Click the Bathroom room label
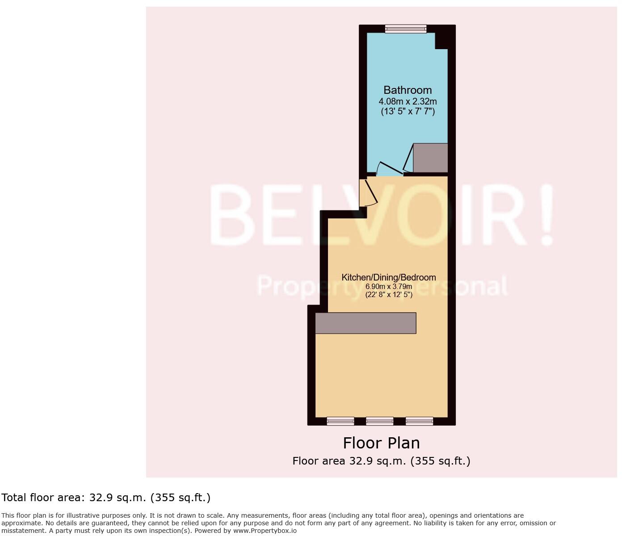pyautogui.click(x=408, y=90)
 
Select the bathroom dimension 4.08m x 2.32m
pyautogui.click(x=408, y=101)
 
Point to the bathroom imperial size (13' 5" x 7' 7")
pyautogui.click(x=408, y=112)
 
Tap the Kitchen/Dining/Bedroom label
pyautogui.click(x=388, y=277)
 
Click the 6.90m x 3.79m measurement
pyautogui.click(x=388, y=287)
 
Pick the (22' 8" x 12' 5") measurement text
pyautogui.click(x=388, y=295)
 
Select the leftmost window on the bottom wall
pyautogui.click(x=340, y=421)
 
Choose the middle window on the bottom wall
pyautogui.click(x=379, y=421)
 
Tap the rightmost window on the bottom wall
pyautogui.click(x=419, y=421)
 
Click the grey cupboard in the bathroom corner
pyautogui.click(x=430, y=158)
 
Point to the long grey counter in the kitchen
pyautogui.click(x=366, y=323)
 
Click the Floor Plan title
pyautogui.click(x=381, y=443)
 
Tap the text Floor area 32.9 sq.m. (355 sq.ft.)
pyautogui.click(x=381, y=461)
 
